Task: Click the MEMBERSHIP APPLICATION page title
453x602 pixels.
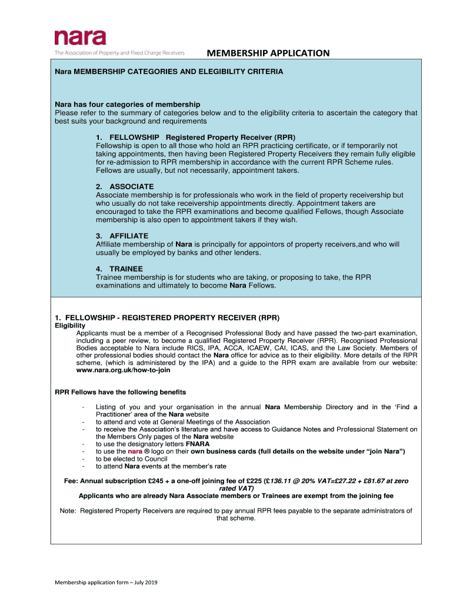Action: pos(268,53)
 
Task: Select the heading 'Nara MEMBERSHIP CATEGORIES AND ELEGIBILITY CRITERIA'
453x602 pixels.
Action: pos(169,72)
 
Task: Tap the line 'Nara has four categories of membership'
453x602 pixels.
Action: pos(128,105)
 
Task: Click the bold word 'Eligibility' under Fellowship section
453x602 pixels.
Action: pos(70,325)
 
